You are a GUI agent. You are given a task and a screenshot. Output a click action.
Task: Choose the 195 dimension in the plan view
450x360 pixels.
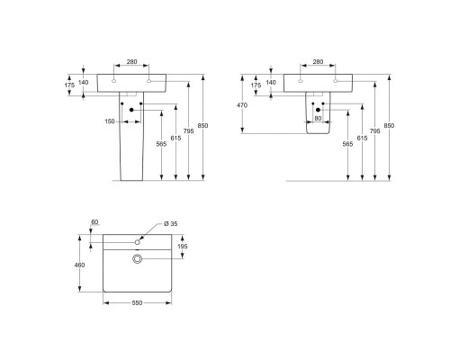(183, 247)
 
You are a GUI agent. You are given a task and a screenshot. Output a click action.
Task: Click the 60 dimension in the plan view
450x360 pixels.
(94, 222)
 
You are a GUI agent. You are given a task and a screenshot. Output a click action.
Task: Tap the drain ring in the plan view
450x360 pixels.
(138, 259)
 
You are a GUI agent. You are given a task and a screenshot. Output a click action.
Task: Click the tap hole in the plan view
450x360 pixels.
(138, 241)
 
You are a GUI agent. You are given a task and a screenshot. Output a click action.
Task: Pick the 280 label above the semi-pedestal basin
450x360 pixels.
(317, 63)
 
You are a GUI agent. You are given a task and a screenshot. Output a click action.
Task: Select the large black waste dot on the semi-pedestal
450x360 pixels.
(319, 110)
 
